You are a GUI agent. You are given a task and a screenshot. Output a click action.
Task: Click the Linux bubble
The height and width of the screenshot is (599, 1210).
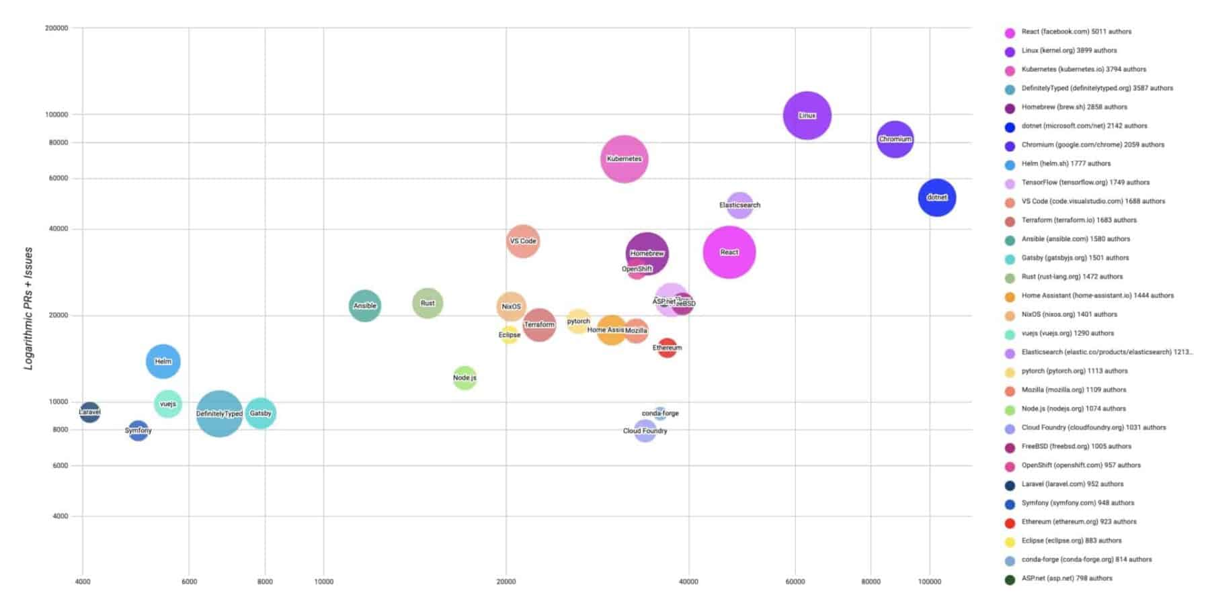point(807,116)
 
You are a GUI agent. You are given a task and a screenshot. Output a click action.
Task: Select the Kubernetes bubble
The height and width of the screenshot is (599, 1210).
point(624,158)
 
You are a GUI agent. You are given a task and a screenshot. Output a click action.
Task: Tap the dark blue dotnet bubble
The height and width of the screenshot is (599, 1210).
point(936,197)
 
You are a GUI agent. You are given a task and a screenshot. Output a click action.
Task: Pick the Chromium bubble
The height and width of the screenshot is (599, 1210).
point(895,139)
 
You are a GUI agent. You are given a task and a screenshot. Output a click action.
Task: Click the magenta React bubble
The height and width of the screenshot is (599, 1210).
point(729,252)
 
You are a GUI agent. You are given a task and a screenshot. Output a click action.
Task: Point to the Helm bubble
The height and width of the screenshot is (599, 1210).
point(163,361)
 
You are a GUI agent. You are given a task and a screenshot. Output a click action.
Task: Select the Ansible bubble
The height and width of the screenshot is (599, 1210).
point(364,306)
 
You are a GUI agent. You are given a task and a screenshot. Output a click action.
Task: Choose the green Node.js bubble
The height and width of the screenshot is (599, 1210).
point(465,377)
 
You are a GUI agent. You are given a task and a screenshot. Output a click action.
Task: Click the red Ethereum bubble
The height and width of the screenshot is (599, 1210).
point(667,348)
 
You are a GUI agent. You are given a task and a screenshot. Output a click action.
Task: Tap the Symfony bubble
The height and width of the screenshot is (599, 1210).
point(138,430)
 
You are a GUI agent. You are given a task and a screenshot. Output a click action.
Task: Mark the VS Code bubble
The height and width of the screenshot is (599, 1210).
point(522,241)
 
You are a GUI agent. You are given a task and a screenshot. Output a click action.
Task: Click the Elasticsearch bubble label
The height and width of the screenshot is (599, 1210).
point(739,205)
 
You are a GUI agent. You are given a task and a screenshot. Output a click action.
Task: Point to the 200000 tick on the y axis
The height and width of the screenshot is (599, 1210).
point(56,28)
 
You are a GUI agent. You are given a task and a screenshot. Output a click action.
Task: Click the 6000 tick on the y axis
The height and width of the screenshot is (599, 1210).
point(60,465)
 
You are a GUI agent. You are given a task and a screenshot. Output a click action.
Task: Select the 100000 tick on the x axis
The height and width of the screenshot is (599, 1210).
point(930,582)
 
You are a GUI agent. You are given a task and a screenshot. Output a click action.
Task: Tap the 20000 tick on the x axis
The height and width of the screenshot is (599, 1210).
point(506,582)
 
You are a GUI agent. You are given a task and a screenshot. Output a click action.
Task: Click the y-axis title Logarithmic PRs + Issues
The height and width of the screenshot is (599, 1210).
point(28,308)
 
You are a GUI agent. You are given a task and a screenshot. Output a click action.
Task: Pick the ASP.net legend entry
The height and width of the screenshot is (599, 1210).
point(1066,578)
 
